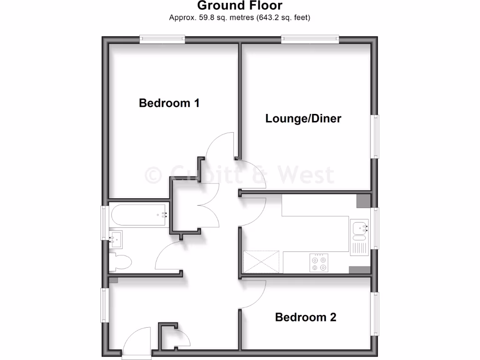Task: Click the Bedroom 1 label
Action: (x=169, y=103)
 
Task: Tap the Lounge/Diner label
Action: (x=303, y=118)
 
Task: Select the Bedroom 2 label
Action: (x=306, y=317)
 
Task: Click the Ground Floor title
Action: (x=240, y=6)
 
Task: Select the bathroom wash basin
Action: (x=116, y=239)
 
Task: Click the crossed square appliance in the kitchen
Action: (x=262, y=262)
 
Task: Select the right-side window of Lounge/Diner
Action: (x=375, y=136)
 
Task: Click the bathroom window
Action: (x=105, y=223)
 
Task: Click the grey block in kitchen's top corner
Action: (x=363, y=200)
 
